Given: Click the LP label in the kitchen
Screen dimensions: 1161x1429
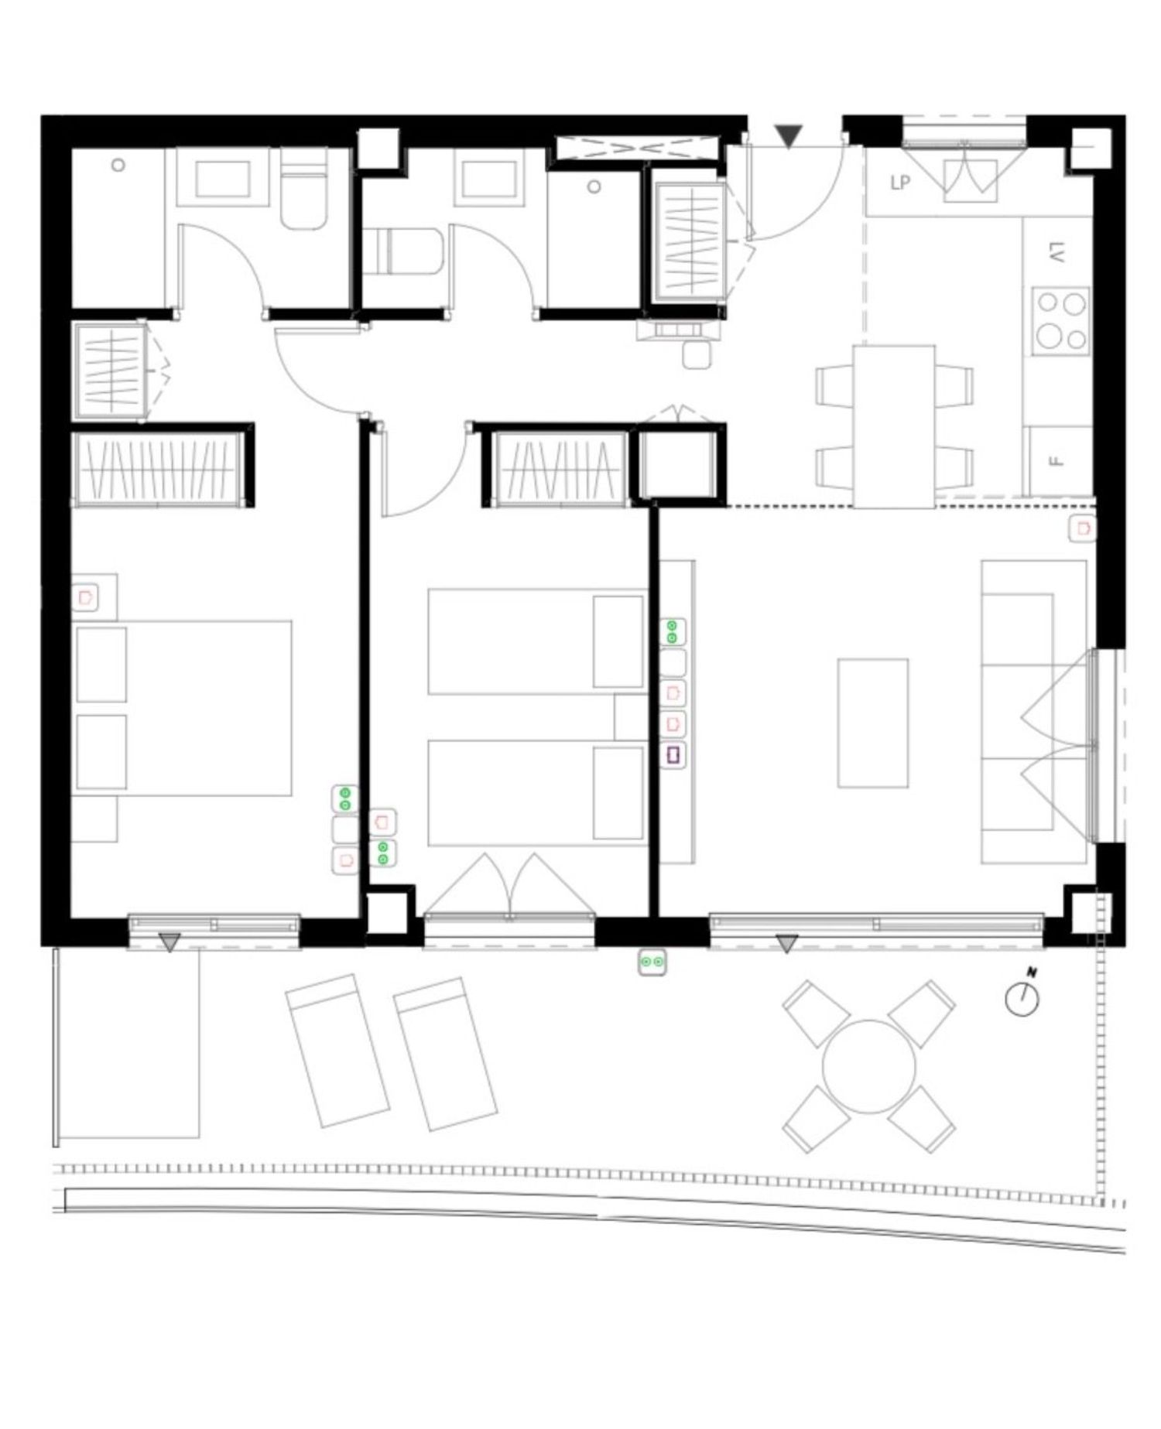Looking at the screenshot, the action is pyautogui.click(x=899, y=183).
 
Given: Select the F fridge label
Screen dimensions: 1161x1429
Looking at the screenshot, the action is pyautogui.click(x=1057, y=461).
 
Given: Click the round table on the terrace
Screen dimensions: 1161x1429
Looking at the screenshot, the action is pyautogui.click(x=868, y=1067).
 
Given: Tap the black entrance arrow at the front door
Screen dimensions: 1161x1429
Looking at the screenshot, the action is pyautogui.click(x=789, y=136).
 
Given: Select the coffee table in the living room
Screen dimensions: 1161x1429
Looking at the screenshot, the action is pyautogui.click(x=873, y=723).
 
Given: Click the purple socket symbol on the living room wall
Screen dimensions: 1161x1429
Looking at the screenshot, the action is pyautogui.click(x=673, y=754).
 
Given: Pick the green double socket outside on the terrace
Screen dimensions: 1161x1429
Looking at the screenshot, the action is pyautogui.click(x=652, y=962).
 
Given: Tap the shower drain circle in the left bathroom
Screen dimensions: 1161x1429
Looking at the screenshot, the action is pyautogui.click(x=118, y=165).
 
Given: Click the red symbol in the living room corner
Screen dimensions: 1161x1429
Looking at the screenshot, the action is pyautogui.click(x=1083, y=529).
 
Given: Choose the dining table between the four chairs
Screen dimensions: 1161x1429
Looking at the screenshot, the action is pyautogui.click(x=894, y=426).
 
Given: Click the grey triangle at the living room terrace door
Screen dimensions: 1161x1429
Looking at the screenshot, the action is pyautogui.click(x=787, y=944).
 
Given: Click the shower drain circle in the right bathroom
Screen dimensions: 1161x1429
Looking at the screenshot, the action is pyautogui.click(x=594, y=186).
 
